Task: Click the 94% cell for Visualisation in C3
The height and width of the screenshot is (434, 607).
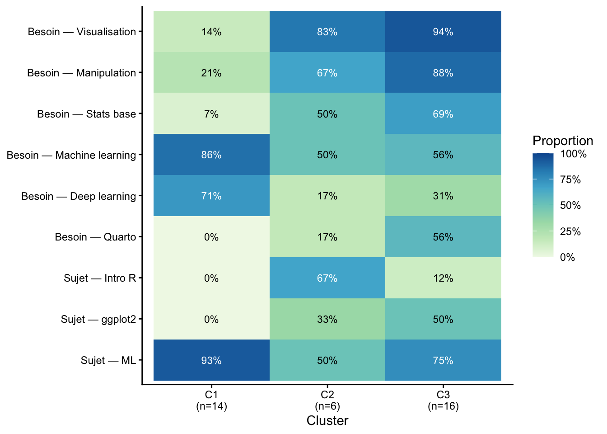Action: coord(443,32)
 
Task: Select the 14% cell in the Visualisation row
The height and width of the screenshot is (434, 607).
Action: coord(211,32)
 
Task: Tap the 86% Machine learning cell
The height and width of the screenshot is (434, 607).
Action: coord(211,155)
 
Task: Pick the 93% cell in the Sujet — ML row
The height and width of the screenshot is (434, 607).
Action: coord(211,360)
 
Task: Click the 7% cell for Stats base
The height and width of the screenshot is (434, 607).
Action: coord(211,114)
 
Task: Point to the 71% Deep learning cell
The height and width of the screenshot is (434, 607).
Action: coord(211,196)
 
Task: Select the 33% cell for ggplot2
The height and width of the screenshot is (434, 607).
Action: coord(327,319)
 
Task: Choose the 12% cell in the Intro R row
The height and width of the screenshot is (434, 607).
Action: coord(443,278)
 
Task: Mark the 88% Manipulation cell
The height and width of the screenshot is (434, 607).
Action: coord(443,73)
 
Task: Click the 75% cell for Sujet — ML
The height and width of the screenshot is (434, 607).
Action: coord(443,360)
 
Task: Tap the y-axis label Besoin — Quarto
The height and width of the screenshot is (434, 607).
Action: coord(95,237)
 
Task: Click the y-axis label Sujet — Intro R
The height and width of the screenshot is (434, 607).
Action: coord(100,278)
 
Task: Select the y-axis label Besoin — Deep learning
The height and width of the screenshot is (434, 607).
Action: coord(79,196)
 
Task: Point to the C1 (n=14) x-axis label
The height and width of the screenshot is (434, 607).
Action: coord(211,400)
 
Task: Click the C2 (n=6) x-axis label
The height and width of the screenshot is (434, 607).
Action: coord(327,400)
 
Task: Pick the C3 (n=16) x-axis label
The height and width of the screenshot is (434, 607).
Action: coord(443,400)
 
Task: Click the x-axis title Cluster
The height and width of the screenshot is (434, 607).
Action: coord(327,421)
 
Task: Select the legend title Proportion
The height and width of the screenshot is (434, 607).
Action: coord(562,141)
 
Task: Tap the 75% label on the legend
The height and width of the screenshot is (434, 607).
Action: coord(570,180)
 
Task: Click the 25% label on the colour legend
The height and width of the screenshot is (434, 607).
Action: coord(570,231)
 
